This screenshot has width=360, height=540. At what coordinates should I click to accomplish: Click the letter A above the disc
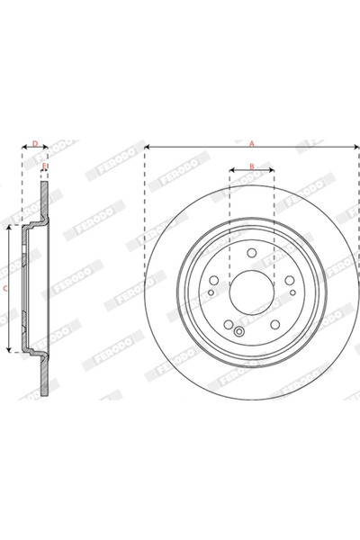[252, 141]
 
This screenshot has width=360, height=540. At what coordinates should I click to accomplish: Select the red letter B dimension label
[252, 166]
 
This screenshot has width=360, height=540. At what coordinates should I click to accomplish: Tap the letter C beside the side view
[6, 288]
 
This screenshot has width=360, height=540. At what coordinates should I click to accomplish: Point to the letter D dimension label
[35, 142]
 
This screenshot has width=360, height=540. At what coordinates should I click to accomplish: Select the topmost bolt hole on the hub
[252, 253]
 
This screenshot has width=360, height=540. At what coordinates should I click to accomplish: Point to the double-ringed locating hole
[239, 330]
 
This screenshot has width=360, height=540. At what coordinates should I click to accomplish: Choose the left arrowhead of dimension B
[231, 169]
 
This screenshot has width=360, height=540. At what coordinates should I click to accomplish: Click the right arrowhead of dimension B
[273, 169]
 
